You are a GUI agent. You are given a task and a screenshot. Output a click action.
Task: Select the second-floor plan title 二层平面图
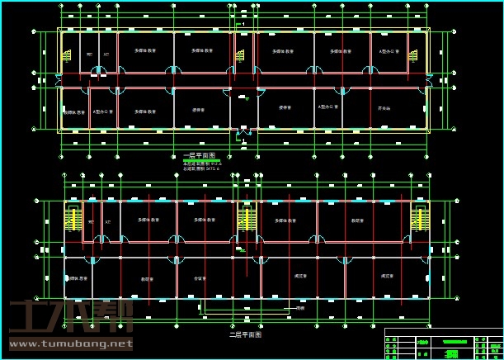(245, 335)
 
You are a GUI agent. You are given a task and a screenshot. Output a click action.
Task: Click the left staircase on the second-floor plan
(73, 219)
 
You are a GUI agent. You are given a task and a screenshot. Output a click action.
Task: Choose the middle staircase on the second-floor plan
(245, 219)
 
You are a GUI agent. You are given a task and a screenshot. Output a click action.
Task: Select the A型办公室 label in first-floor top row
(389, 51)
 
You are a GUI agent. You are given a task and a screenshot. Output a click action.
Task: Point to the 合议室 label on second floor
(199, 278)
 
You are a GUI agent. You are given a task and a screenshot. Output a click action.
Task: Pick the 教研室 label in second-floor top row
(357, 220)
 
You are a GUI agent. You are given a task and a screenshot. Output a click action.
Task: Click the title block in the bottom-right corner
(443, 343)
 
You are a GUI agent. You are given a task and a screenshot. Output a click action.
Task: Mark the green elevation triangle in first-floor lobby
(245, 99)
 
